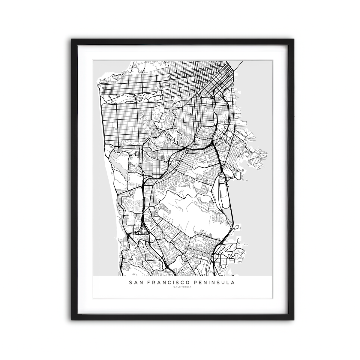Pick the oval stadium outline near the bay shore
coord(236,174)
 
